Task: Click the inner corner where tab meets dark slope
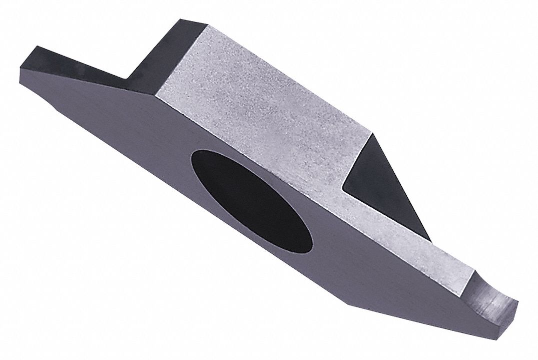128,78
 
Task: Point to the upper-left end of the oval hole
193,158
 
